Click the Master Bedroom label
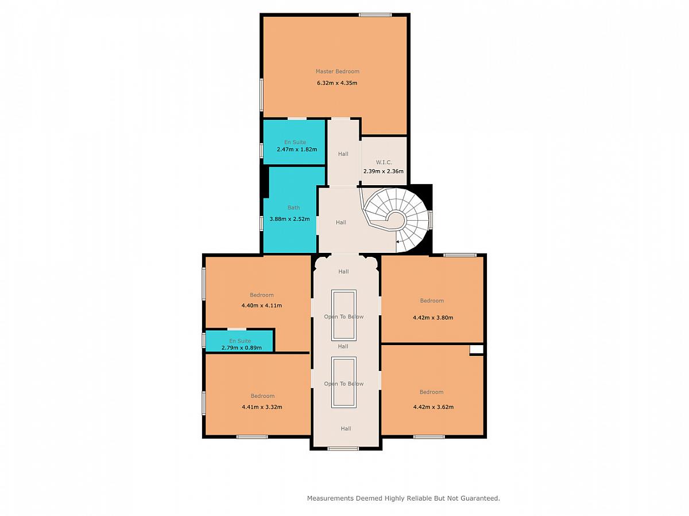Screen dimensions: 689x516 tap(338, 72)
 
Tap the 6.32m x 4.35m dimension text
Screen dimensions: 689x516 tap(337, 83)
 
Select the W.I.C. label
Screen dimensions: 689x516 tap(384, 162)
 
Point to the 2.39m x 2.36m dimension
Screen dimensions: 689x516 tap(384, 171)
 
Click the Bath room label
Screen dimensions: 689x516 tap(294, 208)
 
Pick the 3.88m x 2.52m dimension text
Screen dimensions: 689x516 tap(290, 219)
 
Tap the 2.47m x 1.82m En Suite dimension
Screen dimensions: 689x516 tap(297, 150)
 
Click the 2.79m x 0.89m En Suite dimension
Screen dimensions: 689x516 tap(241, 348)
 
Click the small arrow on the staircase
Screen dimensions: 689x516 tap(398, 242)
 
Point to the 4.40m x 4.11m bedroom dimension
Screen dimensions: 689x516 tap(261, 306)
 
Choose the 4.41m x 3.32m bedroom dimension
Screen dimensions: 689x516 tap(262, 407)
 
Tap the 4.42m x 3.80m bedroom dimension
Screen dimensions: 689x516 tap(433, 318)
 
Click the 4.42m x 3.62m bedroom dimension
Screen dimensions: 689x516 tap(433, 407)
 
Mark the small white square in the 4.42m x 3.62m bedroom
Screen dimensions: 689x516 tap(477, 350)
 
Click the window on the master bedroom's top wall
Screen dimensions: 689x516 tap(375, 15)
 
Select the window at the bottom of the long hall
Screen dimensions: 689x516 tap(343, 449)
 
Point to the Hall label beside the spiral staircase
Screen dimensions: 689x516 tap(341, 222)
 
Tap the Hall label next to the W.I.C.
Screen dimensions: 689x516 tap(343, 154)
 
